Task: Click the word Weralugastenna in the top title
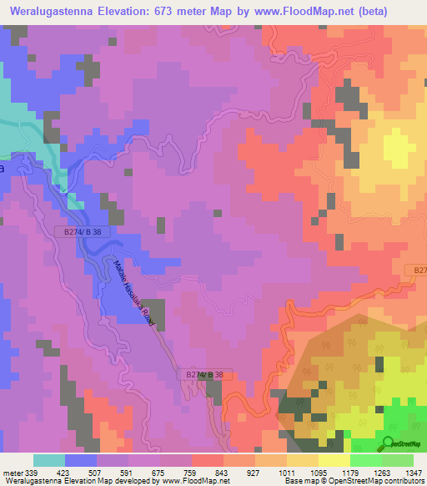tap(58, 11)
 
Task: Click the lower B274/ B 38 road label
tap(205, 377)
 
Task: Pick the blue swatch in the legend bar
tap(81, 460)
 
